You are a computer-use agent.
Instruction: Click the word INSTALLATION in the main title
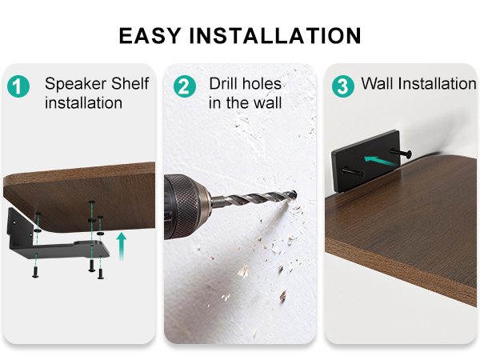pyautogui.click(x=277, y=36)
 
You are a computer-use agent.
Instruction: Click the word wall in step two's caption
pyautogui.click(x=266, y=103)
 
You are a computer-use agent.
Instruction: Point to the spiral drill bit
pyautogui.click(x=256, y=199)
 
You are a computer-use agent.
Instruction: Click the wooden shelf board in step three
pyautogui.click(x=400, y=240)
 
